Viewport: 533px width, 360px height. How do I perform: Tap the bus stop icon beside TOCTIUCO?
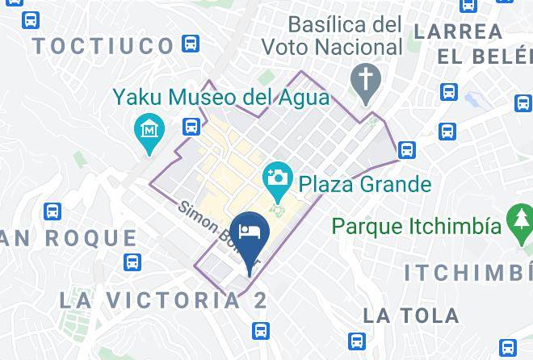191,44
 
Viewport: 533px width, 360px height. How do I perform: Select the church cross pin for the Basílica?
366,81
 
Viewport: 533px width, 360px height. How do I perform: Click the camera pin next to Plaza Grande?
277,177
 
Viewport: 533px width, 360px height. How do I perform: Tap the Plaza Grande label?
365,183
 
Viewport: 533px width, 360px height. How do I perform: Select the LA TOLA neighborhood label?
412,315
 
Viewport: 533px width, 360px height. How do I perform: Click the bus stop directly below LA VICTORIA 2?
260,329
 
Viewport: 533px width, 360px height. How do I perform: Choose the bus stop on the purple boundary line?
407,149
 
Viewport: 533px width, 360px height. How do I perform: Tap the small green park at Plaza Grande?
278,212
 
